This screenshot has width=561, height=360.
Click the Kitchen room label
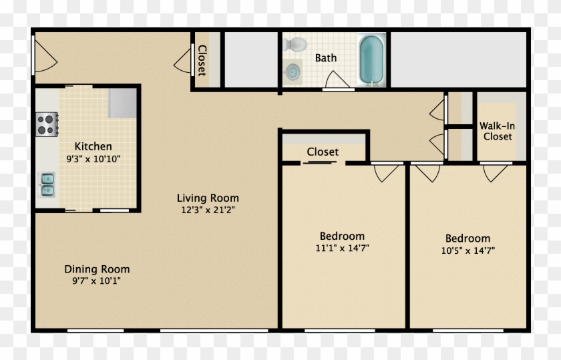click(93, 146)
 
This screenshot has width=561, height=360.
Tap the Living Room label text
click(207, 198)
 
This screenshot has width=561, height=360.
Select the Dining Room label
click(97, 269)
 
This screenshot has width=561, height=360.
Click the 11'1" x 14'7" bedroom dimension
click(342, 248)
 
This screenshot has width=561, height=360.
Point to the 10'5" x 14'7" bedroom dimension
click(467, 251)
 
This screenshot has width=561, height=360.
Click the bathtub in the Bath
click(371, 60)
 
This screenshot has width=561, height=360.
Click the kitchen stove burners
click(46, 124)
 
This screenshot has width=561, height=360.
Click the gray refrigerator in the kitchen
click(123, 103)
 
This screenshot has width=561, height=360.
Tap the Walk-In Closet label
click(498, 131)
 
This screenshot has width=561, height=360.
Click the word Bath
click(326, 57)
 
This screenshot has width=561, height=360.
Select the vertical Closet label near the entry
click(202, 60)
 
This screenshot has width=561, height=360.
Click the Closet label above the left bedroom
click(323, 152)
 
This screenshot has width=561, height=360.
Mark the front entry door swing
click(41, 55)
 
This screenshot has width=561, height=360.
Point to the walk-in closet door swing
click(495, 172)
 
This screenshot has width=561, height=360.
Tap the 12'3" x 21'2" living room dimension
click(207, 210)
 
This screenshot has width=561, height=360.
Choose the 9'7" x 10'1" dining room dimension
click(97, 281)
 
